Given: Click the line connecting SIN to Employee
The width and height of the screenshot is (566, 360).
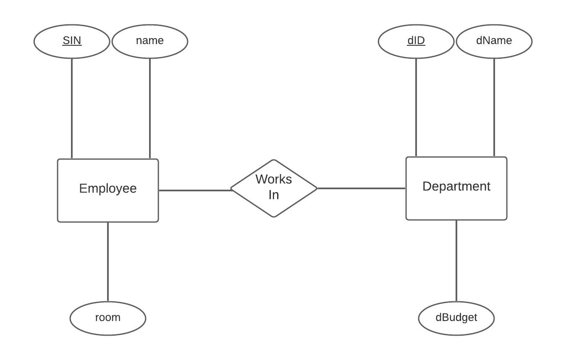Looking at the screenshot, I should (x=72, y=108).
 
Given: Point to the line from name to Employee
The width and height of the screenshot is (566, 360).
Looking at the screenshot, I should (x=150, y=108).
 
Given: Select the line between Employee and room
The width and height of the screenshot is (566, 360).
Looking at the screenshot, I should (x=108, y=261).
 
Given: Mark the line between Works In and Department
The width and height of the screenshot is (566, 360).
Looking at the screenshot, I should (x=361, y=188).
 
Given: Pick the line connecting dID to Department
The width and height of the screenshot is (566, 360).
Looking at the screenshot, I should (x=416, y=107).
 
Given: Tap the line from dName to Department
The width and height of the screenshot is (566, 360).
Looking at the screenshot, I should (x=494, y=107).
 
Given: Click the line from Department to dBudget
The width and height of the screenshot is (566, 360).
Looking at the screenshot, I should (x=456, y=261).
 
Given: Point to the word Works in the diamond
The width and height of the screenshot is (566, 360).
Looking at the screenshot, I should (x=273, y=179).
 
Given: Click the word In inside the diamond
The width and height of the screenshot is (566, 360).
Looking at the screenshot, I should (x=273, y=195).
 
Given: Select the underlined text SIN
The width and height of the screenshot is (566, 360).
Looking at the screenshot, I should (x=72, y=40).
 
